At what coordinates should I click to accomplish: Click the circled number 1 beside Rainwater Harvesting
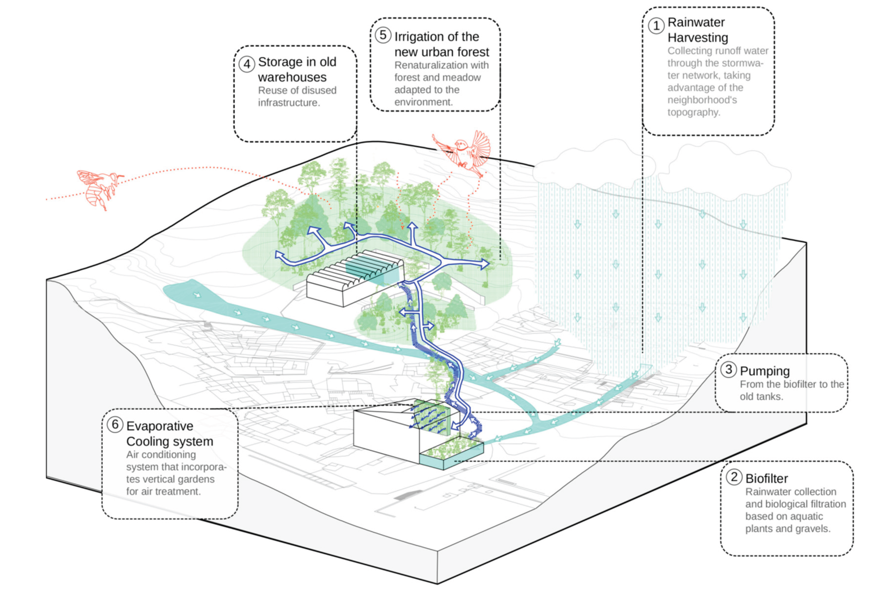656,26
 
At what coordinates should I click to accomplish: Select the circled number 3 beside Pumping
728,369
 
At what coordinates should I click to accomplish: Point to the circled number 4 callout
247,64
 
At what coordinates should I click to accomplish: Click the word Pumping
764,371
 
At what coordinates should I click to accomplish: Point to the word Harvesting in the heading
698,38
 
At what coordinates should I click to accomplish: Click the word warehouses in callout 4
292,77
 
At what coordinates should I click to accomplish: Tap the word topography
693,112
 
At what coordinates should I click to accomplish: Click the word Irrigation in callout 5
437,37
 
